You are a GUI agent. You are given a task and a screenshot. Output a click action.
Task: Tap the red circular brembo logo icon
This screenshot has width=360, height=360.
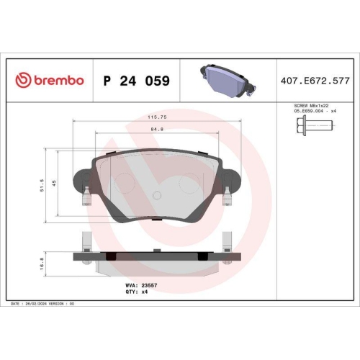point(22,81)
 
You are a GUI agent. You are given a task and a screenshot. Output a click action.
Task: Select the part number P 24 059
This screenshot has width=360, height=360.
point(137,81)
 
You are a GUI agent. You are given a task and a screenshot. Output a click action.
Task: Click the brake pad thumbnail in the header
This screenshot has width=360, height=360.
point(224,78)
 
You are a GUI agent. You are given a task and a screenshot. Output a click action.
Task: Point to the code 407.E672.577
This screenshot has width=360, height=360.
point(315,81)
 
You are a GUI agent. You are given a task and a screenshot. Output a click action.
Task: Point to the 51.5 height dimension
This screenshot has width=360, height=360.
point(44,186)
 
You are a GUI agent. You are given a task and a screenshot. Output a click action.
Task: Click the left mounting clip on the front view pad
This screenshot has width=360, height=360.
point(86,195)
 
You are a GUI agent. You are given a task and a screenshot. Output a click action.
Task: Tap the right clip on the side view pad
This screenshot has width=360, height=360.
point(227,241)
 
